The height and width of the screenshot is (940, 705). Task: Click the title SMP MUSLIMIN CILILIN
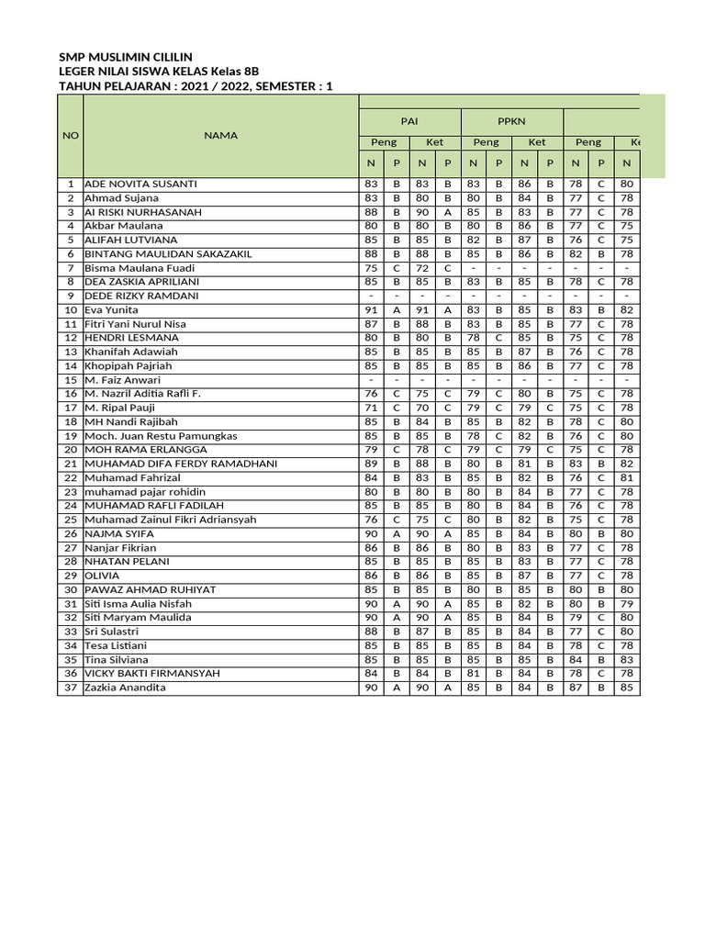coord(125,57)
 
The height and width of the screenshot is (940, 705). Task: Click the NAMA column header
coord(220,135)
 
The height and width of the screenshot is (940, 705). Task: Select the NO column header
coord(71,135)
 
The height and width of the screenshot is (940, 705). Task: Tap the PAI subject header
coord(408,120)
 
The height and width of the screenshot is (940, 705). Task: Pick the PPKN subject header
coord(510,120)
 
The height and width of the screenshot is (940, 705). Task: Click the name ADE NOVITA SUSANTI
coord(140,184)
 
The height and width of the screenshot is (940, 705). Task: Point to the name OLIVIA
coord(102,576)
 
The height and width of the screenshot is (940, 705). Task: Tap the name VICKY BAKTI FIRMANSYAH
coord(152,674)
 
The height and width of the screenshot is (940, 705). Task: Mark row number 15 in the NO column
coord(71,380)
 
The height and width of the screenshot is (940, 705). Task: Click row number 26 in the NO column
coord(71,533)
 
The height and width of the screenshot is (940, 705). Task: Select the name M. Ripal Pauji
coord(119,408)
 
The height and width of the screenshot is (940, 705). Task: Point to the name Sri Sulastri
coord(112,632)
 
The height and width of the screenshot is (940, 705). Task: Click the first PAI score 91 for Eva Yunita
coord(371,310)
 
